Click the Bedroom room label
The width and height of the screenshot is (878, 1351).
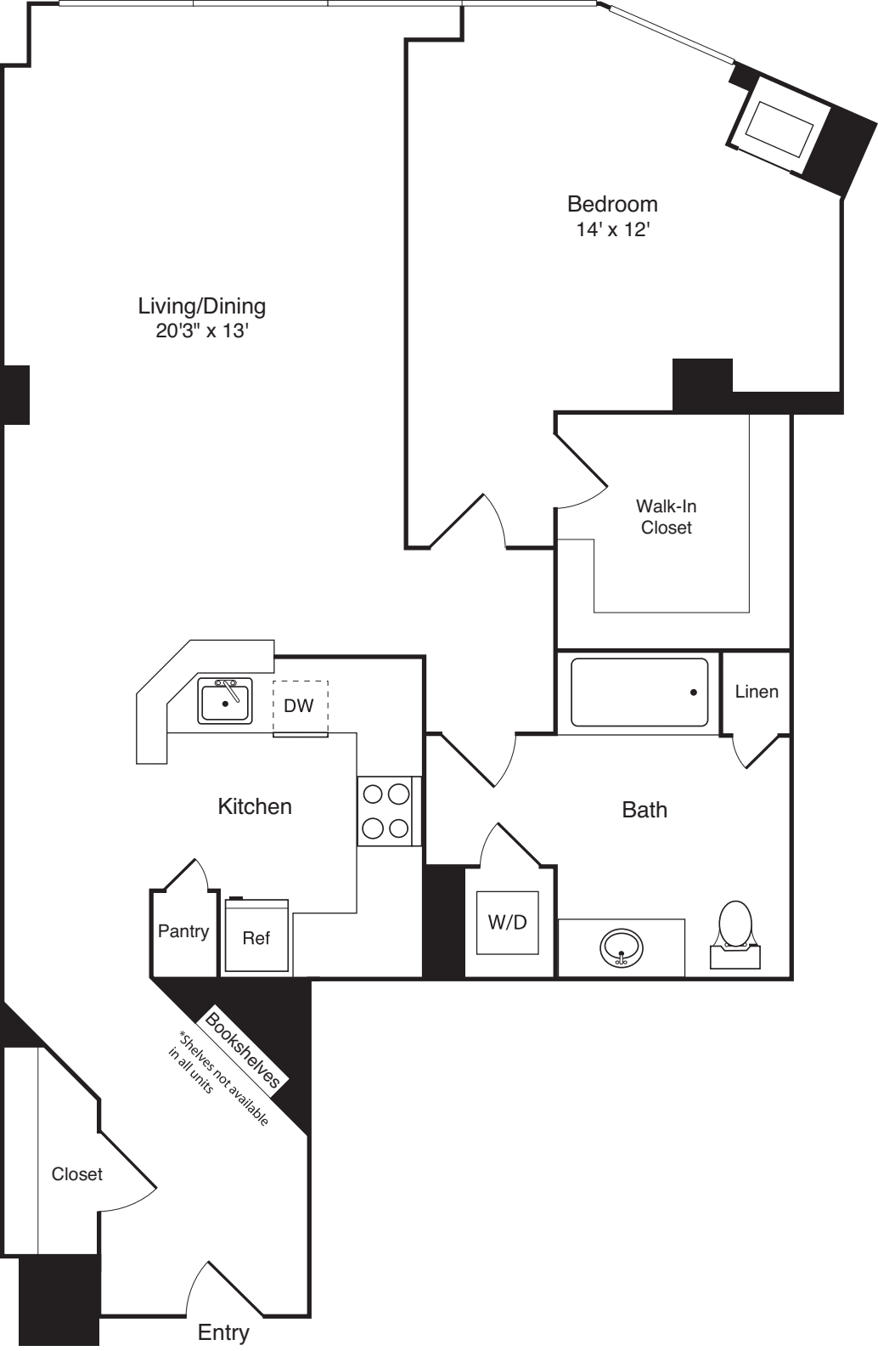(612, 204)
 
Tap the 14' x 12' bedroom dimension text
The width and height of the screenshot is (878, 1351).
(612, 229)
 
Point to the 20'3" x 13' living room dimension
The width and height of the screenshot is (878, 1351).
(201, 331)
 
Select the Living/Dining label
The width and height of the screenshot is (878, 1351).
(201, 306)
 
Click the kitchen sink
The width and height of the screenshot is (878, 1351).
(225, 702)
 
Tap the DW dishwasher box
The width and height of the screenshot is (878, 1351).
(299, 707)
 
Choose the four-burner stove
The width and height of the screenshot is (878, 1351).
(386, 811)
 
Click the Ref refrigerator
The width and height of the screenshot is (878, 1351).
(256, 937)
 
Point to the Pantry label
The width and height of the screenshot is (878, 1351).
(183, 931)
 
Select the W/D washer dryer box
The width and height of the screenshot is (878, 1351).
(507, 922)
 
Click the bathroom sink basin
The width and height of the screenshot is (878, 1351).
(622, 947)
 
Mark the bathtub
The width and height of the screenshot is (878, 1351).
(639, 692)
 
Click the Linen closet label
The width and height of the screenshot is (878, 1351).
(757, 692)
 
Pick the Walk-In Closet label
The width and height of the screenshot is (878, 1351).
(667, 517)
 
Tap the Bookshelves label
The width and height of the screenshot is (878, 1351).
(243, 1049)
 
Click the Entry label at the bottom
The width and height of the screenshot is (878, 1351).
(223, 1332)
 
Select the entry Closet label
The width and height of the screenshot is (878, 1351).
(76, 1173)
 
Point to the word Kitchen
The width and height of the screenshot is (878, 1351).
(255, 806)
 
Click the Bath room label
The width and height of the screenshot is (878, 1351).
(644, 810)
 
